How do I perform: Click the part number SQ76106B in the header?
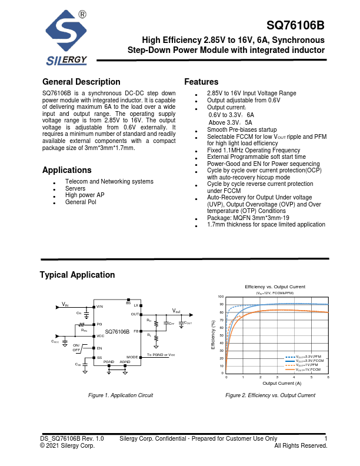pyautogui.click(x=295, y=26)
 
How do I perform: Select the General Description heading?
pyautogui.click(x=81, y=82)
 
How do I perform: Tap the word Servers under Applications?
pyautogui.click(x=75, y=188)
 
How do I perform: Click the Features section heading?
pyautogui.click(x=201, y=82)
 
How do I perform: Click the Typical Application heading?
pyautogui.click(x=77, y=275)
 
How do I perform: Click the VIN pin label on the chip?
pyautogui.click(x=100, y=307)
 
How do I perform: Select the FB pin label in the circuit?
pyautogui.click(x=136, y=331)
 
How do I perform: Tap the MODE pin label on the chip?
pyautogui.click(x=132, y=357)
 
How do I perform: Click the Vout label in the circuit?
pyautogui.click(x=176, y=310)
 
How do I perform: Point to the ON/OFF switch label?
pyautogui.click(x=76, y=347)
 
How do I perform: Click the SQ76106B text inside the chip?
pyautogui.click(x=117, y=332)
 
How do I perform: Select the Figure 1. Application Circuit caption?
pyautogui.click(x=120, y=395)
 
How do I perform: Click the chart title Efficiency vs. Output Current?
pyautogui.click(x=275, y=287)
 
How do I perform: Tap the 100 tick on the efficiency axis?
pyautogui.click(x=221, y=297)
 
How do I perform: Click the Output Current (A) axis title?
pyautogui.click(x=282, y=383)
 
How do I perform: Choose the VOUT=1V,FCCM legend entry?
pyautogui.click(x=308, y=370)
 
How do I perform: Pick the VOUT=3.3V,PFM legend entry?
pyautogui.click(x=308, y=357)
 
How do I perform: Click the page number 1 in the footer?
pyautogui.click(x=326, y=438)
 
